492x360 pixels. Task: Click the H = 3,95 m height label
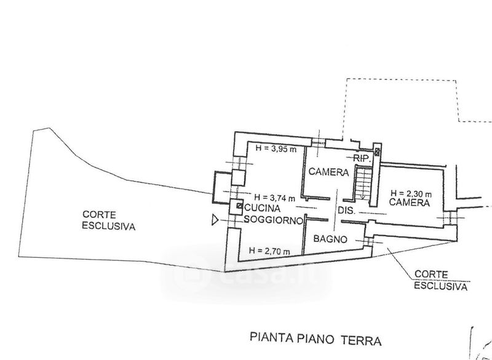(x=276, y=149)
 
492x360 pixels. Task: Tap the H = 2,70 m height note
(x=269, y=250)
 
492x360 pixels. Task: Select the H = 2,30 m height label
(x=411, y=193)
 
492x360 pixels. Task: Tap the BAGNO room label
(x=330, y=239)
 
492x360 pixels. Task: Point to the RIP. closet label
(x=361, y=159)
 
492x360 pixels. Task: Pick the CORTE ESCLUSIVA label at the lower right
(x=440, y=280)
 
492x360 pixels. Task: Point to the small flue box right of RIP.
(x=376, y=151)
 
